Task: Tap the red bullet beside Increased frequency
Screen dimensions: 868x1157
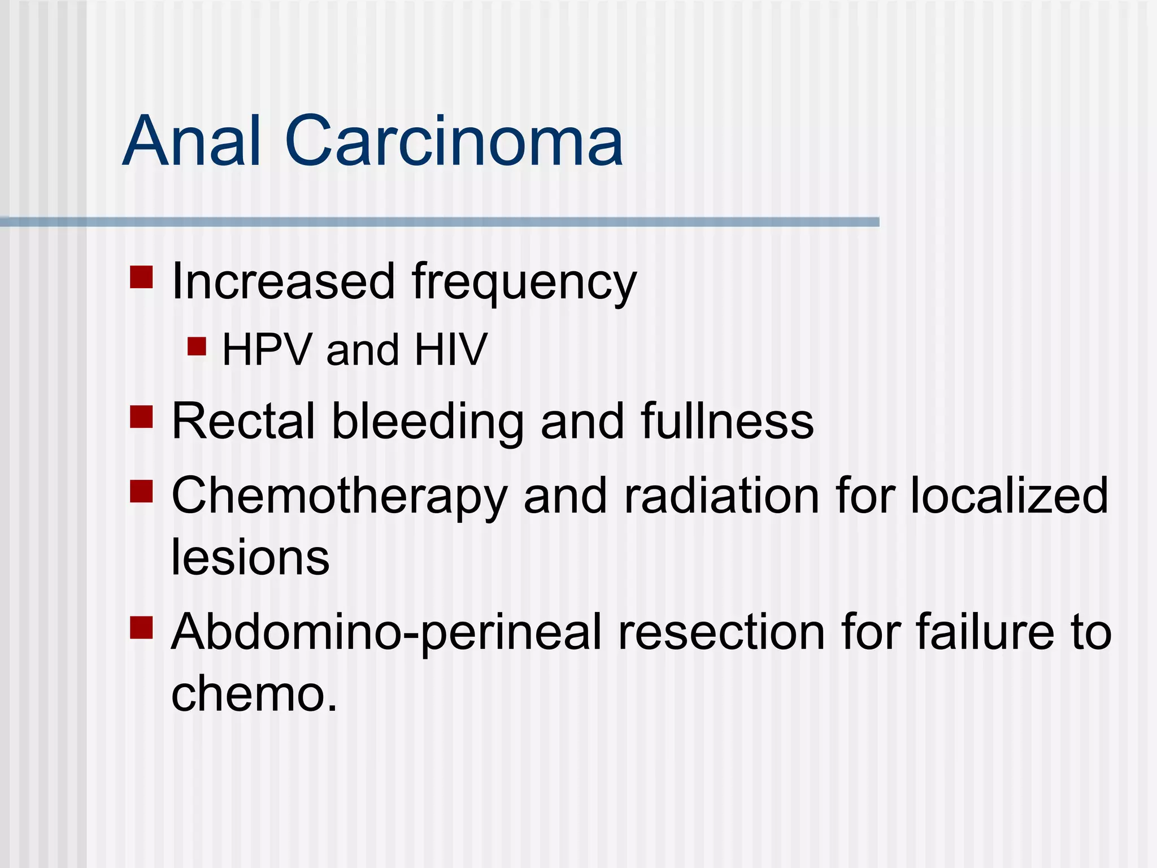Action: point(141,277)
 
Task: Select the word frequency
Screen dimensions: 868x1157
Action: point(524,283)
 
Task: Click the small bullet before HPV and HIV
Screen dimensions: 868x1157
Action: point(197,346)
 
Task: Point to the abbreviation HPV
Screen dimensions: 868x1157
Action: point(267,350)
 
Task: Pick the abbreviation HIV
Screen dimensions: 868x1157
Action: point(450,350)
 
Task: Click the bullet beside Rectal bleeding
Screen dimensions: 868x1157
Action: point(141,417)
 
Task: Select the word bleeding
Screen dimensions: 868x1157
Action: point(427,422)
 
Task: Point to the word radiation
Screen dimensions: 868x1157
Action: point(721,496)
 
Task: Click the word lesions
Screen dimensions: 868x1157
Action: point(250,557)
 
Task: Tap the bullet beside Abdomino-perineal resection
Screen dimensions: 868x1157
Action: point(141,627)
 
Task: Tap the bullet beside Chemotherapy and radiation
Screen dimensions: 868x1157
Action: point(141,492)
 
